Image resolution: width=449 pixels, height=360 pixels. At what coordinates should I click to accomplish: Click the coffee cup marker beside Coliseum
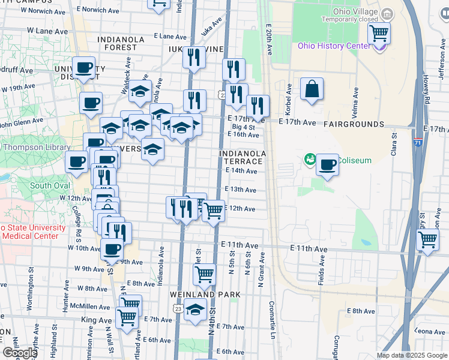pyautogui.click(x=327, y=164)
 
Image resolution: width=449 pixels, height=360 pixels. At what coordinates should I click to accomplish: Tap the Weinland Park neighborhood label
pyautogui.click(x=205, y=295)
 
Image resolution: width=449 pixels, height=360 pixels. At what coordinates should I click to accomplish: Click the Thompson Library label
pyautogui.click(x=33, y=147)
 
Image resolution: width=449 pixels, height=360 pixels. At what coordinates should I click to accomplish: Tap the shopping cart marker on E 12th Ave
pyautogui.click(x=214, y=211)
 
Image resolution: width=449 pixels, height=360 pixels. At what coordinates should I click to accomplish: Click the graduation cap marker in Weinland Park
pyautogui.click(x=195, y=310)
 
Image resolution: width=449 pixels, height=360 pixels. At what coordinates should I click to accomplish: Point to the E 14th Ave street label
pyautogui.click(x=241, y=171)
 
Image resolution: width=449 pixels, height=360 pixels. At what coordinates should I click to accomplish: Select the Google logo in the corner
pyautogui.click(x=20, y=353)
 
